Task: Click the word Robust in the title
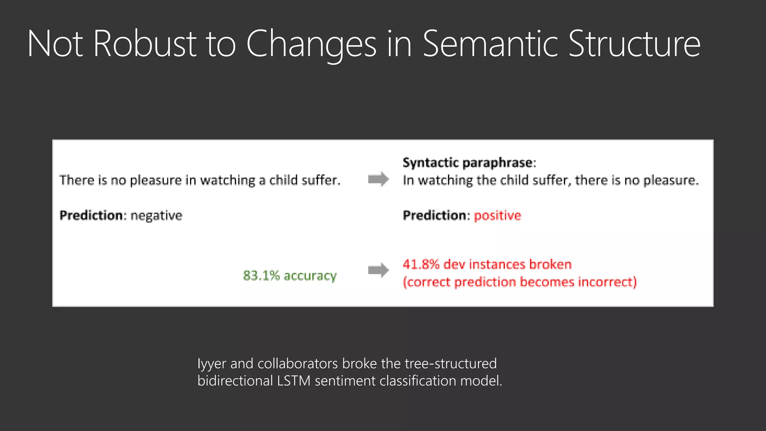pyautogui.click(x=145, y=44)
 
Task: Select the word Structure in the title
pyautogui.click(x=634, y=44)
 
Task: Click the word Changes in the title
pyautogui.click(x=311, y=44)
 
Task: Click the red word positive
pyautogui.click(x=497, y=215)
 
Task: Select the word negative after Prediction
pyautogui.click(x=156, y=215)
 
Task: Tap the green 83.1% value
pyautogui.click(x=261, y=276)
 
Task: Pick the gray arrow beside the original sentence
pyautogui.click(x=378, y=179)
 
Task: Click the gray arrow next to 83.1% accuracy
pyautogui.click(x=378, y=270)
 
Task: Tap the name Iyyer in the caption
pyautogui.click(x=212, y=364)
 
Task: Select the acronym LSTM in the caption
pyautogui.click(x=294, y=381)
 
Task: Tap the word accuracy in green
pyautogui.click(x=310, y=276)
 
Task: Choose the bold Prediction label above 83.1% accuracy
pyautogui.click(x=91, y=215)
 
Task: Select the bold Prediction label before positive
pyautogui.click(x=435, y=215)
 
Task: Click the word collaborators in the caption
pyautogui.click(x=298, y=364)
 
